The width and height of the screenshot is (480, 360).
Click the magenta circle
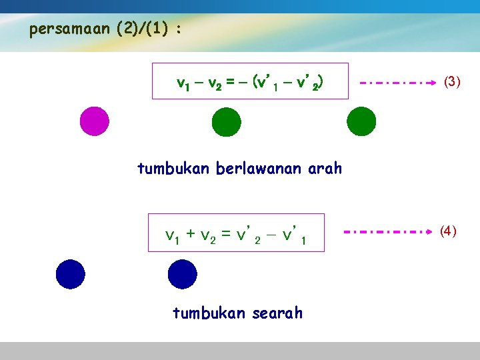click(x=94, y=121)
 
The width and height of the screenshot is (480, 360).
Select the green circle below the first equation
click(x=226, y=122)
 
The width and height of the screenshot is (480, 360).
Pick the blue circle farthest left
click(x=71, y=274)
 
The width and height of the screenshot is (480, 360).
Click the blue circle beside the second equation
click(x=182, y=274)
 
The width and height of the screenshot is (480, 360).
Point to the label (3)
click(x=452, y=82)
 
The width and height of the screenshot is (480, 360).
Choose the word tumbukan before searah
click(x=205, y=313)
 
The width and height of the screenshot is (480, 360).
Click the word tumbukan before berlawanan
click(x=173, y=169)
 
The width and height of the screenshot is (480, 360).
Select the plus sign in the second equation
click(x=190, y=234)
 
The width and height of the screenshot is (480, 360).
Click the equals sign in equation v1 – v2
click(x=229, y=83)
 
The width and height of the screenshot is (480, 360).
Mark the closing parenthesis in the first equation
click(x=321, y=83)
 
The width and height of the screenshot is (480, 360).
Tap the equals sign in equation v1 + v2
click(x=226, y=234)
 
